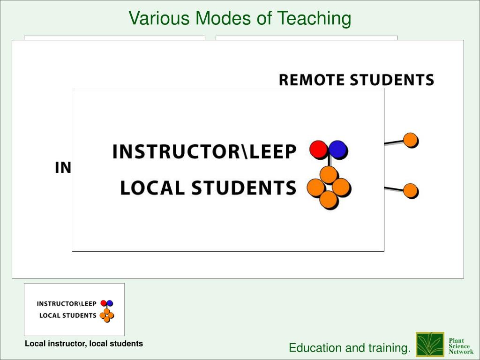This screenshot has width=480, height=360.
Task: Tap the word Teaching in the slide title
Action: [x=314, y=19]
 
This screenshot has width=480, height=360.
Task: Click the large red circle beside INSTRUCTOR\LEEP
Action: [x=318, y=150]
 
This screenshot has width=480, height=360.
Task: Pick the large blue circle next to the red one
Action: [x=337, y=150]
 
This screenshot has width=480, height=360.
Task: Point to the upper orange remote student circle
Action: [x=411, y=140]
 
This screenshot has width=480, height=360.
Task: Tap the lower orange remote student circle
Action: [x=411, y=191]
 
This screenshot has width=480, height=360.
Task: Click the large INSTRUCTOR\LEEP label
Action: [x=204, y=151]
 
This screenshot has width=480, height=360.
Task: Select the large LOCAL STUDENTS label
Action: [x=208, y=187]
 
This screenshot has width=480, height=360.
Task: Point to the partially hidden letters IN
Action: [x=63, y=168]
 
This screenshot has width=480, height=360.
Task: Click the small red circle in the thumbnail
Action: [x=104, y=303]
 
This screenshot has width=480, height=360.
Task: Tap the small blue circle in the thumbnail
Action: [x=110, y=303]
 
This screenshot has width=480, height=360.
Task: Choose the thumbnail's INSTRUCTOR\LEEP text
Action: [x=67, y=304]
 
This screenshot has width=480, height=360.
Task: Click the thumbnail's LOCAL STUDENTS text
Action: [x=67, y=315]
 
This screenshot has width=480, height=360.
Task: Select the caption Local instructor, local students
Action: [x=84, y=344]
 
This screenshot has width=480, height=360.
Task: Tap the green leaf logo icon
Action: [x=430, y=345]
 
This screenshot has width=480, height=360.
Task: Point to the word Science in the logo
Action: [x=459, y=346]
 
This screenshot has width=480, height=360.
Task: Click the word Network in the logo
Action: [x=461, y=352]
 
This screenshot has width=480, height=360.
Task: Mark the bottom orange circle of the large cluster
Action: [x=329, y=200]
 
